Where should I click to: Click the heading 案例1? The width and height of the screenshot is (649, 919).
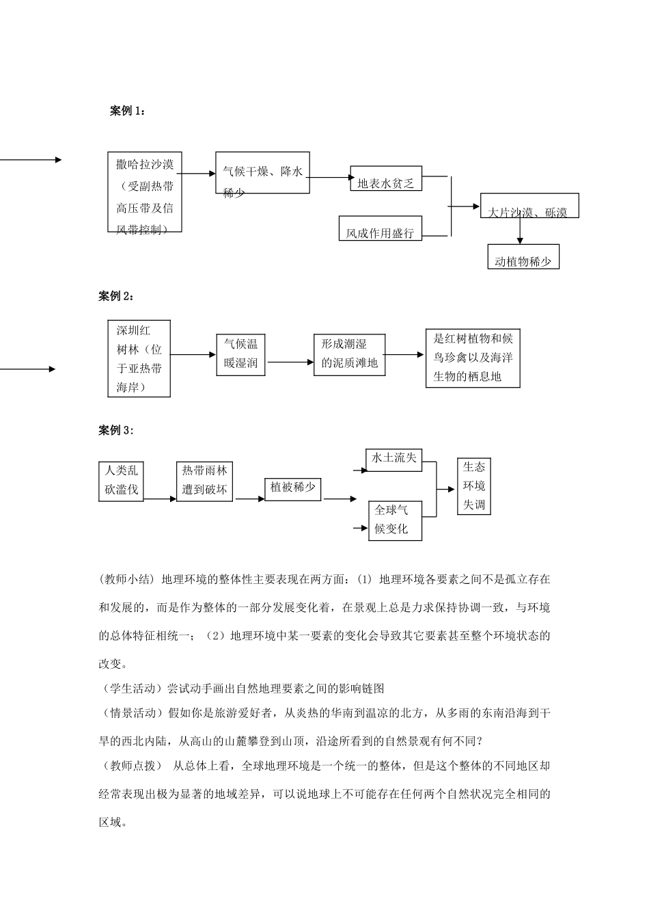[127, 111]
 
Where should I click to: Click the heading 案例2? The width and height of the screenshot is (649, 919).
[117, 295]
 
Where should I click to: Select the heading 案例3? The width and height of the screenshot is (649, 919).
[117, 429]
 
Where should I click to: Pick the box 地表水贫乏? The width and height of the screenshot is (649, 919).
[386, 178]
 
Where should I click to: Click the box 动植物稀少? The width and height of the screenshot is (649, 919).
[523, 257]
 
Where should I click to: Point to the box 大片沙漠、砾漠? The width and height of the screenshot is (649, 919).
[529, 205]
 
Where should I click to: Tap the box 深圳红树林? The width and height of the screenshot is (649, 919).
[139, 358]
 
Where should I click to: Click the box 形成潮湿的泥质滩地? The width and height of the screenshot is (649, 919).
[349, 354]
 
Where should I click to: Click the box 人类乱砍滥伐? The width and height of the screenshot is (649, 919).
[121, 481]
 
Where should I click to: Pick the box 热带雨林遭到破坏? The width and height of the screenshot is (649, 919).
[204, 481]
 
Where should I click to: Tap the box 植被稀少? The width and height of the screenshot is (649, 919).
[292, 488]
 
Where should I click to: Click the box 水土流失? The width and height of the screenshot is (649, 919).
[394, 459]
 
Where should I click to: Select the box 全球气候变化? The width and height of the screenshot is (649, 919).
[394, 520]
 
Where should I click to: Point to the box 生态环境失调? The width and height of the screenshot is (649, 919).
[473, 486]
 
